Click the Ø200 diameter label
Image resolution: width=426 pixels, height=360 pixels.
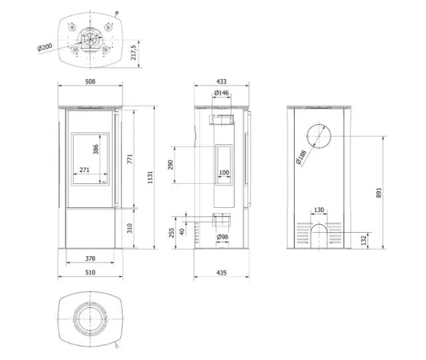[x=45, y=47]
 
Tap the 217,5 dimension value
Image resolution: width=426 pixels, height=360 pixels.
[x=134, y=53]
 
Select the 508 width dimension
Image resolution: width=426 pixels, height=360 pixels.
[x=90, y=82]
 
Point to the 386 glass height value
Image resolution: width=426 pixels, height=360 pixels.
[x=96, y=150]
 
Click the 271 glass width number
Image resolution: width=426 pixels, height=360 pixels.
[x=85, y=170]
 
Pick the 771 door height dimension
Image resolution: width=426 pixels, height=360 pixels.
[x=130, y=158]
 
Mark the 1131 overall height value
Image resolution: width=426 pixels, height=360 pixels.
[x=151, y=178]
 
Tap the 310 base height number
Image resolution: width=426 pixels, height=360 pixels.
[x=130, y=228]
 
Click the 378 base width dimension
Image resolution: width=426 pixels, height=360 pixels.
[x=90, y=258]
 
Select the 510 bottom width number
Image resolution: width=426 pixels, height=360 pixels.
[x=90, y=272]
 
